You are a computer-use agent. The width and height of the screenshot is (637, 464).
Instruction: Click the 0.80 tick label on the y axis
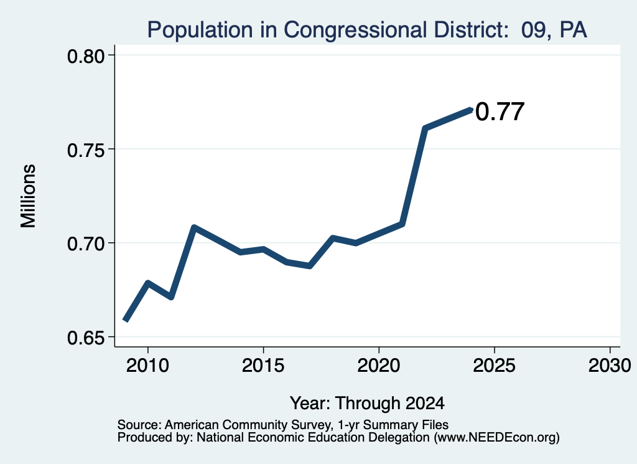(x=86, y=57)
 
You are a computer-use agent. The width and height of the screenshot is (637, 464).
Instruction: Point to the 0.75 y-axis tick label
(x=86, y=151)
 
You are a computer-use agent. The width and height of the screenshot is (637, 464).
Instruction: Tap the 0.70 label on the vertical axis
(x=86, y=244)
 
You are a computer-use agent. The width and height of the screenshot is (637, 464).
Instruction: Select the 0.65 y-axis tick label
(x=86, y=338)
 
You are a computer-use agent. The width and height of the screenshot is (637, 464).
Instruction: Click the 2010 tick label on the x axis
(x=147, y=366)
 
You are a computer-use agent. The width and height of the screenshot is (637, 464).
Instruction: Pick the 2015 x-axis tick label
(x=263, y=366)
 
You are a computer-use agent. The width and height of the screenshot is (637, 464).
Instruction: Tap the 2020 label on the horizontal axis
(x=379, y=366)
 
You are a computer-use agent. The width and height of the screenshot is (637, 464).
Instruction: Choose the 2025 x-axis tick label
(x=495, y=366)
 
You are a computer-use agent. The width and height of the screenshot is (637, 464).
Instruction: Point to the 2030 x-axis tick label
(x=610, y=366)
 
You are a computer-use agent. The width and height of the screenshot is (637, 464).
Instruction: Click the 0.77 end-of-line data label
(x=500, y=112)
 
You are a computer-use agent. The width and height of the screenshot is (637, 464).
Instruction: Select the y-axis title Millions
(x=28, y=196)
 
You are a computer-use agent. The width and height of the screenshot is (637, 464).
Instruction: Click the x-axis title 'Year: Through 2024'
(x=367, y=404)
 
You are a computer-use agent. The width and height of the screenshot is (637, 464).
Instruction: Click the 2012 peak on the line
(x=194, y=227)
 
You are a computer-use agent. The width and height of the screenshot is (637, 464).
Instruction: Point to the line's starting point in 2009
(x=126, y=320)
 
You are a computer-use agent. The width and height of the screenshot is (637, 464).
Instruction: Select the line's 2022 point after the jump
(x=425, y=128)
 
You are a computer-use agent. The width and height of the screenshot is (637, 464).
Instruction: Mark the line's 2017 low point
(x=310, y=266)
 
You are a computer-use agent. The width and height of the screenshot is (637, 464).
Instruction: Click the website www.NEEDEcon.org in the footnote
(x=496, y=438)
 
